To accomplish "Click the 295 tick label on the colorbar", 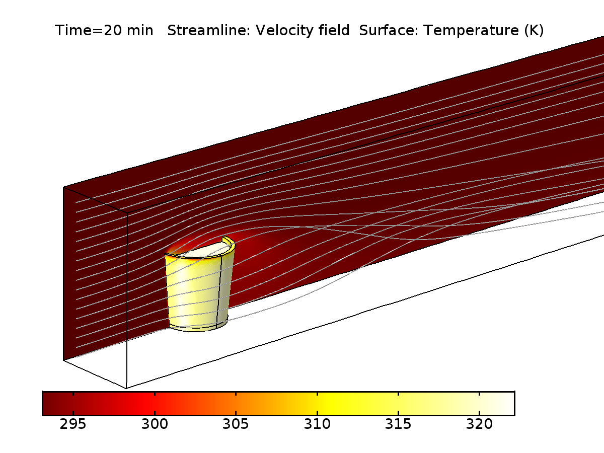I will (73, 424).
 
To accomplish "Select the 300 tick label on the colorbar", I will (155, 424).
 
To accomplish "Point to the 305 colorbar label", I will (236, 424).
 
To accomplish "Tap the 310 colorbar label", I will (317, 424).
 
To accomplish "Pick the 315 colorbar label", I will (398, 424).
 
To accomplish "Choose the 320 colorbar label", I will (479, 424).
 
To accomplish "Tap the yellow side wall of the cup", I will (194, 292).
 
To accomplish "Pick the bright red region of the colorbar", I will (146, 403).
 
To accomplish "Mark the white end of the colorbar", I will (506, 403).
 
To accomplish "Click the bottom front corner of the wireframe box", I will (126, 388).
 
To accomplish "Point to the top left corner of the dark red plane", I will (64, 188).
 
